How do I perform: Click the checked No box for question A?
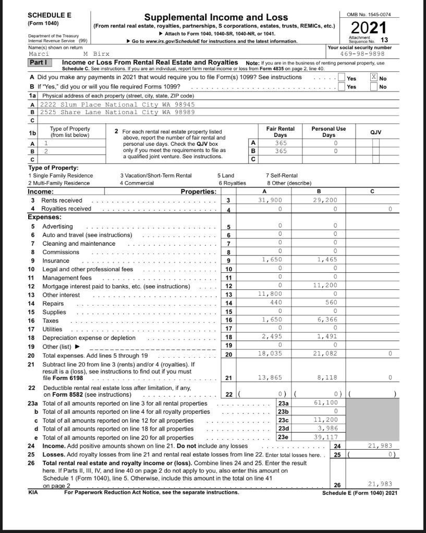(x=373, y=77)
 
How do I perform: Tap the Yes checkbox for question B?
(x=342, y=87)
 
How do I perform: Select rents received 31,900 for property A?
(x=271, y=200)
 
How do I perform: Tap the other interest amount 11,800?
(x=271, y=295)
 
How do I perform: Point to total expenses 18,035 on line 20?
(x=271, y=354)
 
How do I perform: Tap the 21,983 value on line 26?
(x=381, y=484)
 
